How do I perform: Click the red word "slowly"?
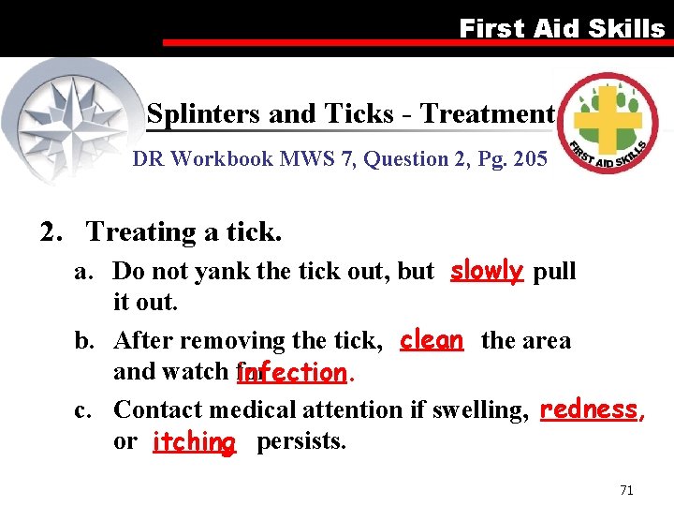point(486,271)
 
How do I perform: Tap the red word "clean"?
point(431,339)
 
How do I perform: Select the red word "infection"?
point(293,373)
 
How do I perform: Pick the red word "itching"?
point(194,441)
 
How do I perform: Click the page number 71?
point(626,490)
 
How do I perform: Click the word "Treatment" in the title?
point(487,114)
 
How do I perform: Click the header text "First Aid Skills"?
point(562,28)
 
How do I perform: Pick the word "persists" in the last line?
point(300,441)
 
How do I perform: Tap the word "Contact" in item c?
point(158,409)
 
